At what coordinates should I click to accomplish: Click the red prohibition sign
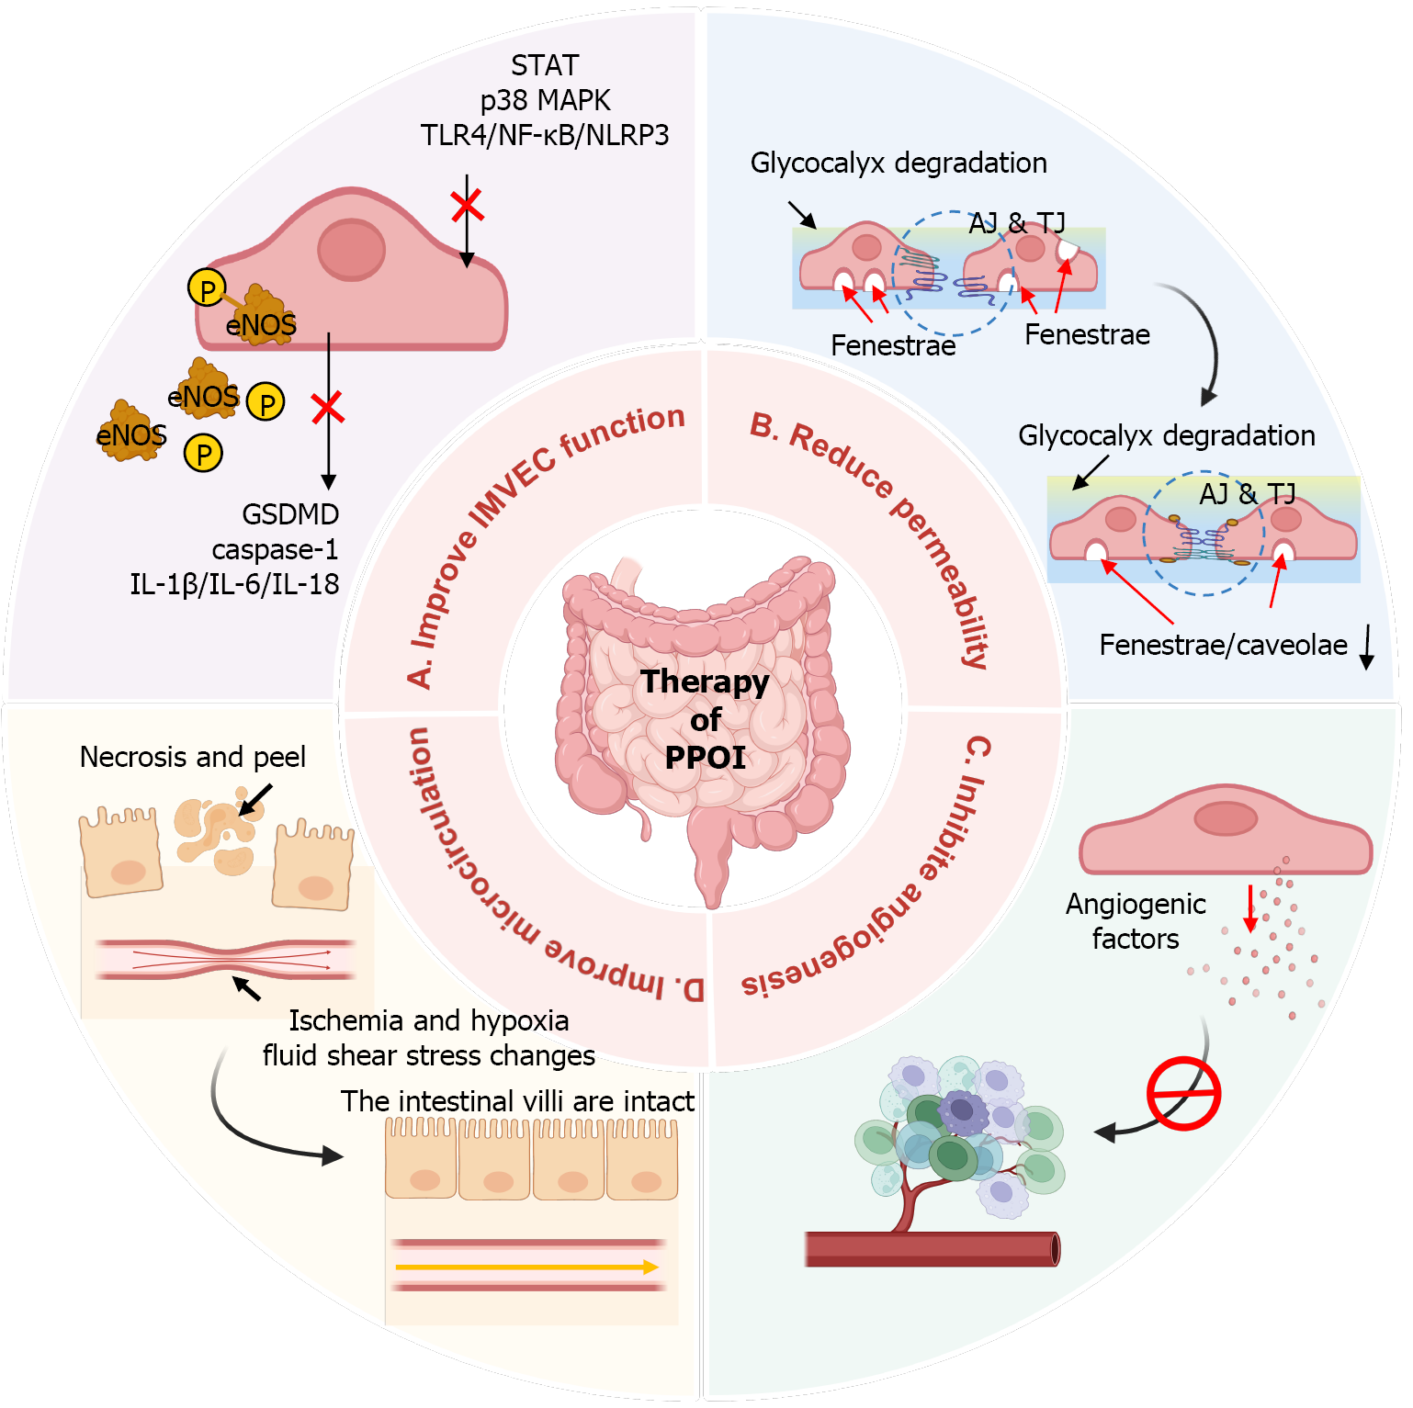tap(1183, 1093)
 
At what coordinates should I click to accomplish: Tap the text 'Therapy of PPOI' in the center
tap(706, 719)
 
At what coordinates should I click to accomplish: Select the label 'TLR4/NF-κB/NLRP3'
tap(545, 135)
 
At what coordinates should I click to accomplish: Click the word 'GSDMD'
tap(290, 514)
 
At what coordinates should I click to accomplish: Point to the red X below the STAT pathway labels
tap(468, 206)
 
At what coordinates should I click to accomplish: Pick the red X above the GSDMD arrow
tap(327, 407)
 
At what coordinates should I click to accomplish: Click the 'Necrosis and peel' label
tap(193, 757)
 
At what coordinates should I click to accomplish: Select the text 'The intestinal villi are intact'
tap(517, 1101)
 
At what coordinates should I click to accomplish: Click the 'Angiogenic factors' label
tap(1136, 921)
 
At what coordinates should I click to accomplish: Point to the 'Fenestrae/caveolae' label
tap(1223, 645)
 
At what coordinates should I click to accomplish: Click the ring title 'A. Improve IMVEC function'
tap(542, 542)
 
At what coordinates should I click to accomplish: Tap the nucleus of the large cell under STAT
tap(351, 249)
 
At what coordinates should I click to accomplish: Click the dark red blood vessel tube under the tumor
tap(932, 1249)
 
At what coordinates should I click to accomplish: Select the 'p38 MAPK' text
tap(545, 100)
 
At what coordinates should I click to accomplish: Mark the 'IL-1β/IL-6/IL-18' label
tap(234, 584)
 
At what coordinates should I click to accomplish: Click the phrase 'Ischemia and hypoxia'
tap(428, 1020)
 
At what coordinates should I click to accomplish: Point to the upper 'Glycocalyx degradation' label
tap(899, 163)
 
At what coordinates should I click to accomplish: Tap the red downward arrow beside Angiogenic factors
tap(1250, 907)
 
